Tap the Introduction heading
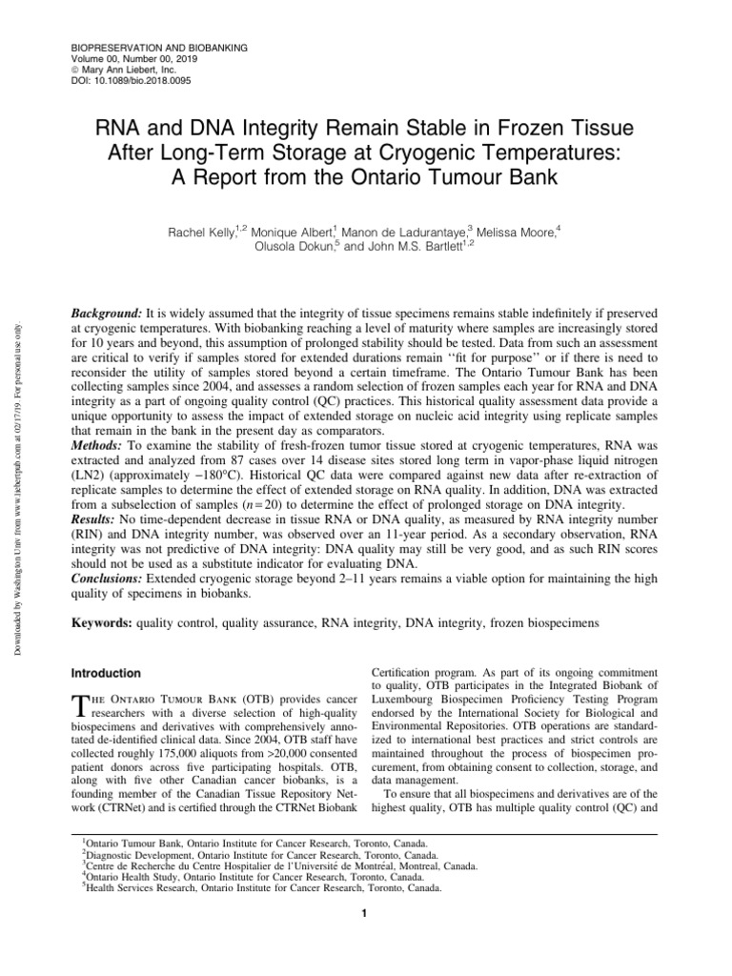(109, 673)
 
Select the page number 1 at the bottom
(365, 916)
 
